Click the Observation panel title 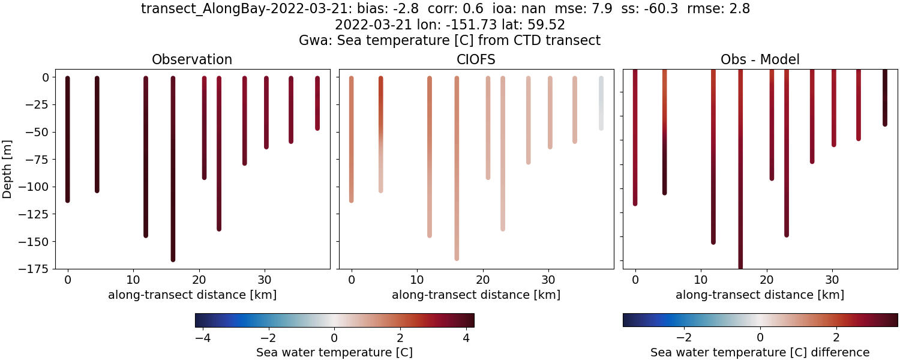192,59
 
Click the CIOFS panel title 476,59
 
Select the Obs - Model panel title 760,59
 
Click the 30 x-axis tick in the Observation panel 266,280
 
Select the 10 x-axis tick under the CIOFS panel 417,280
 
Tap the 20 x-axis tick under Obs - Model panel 766,280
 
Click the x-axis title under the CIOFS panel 476,295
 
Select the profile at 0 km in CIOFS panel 351,138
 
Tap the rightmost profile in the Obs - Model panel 884,99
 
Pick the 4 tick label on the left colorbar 466,337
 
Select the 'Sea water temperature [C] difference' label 760,352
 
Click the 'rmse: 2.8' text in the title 715,9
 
